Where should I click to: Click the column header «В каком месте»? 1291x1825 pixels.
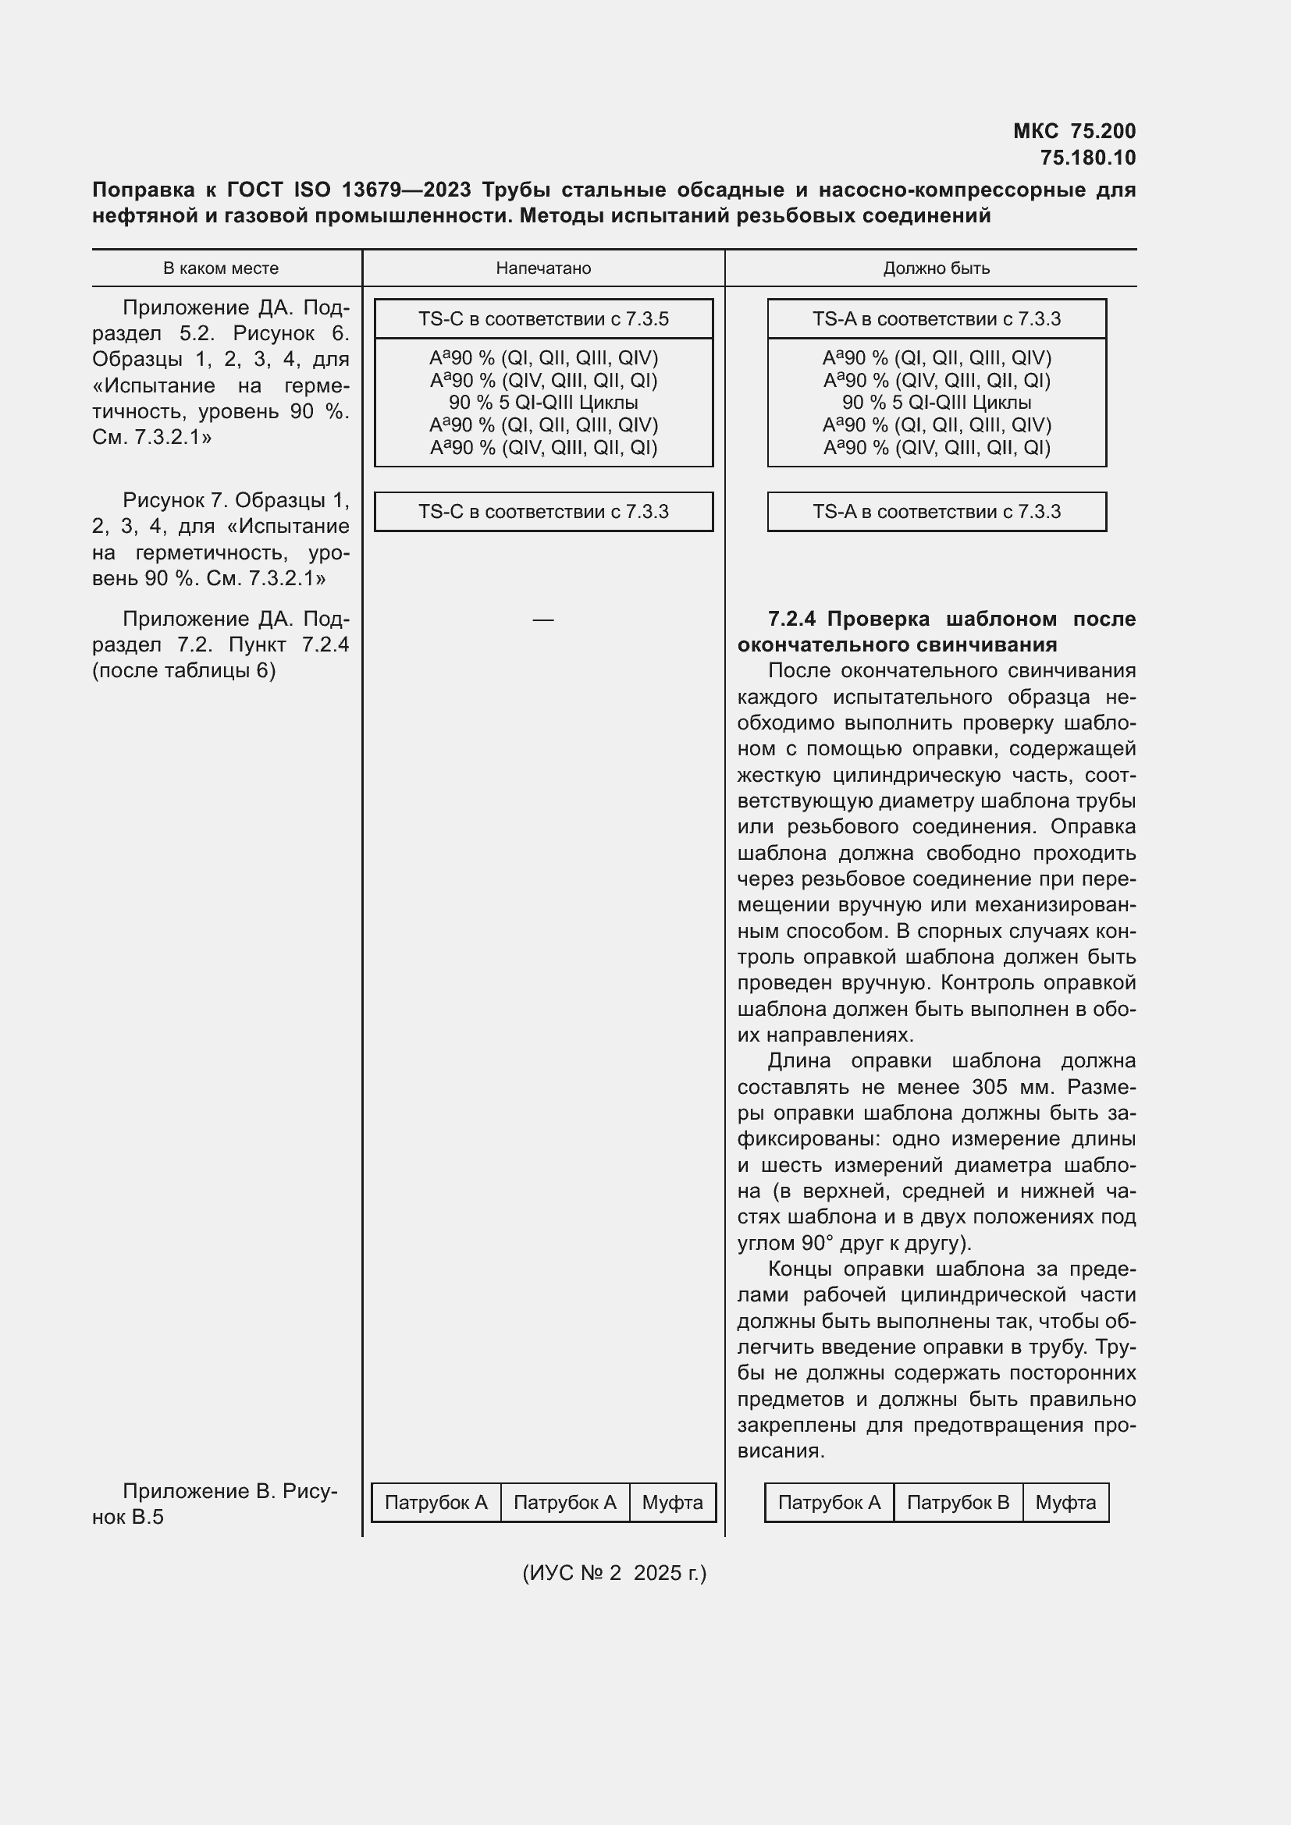click(220, 268)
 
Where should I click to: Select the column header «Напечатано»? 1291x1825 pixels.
click(543, 268)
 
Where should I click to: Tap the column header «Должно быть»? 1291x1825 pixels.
click(936, 268)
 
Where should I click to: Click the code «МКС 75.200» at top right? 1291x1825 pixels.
click(1074, 131)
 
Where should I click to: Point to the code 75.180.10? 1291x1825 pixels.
click(1087, 158)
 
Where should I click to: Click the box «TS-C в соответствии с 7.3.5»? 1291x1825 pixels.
click(543, 319)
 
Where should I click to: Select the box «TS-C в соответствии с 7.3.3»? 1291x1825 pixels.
click(543, 511)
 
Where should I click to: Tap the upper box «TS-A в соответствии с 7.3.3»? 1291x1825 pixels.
click(936, 319)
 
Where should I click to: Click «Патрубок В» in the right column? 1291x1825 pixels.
click(957, 1502)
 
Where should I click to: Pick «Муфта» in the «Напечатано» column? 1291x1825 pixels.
click(672, 1502)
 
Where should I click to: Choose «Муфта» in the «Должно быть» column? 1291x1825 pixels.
click(1065, 1502)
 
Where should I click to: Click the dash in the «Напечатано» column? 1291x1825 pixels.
click(543, 620)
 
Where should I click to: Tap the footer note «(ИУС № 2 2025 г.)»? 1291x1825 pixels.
click(613, 1573)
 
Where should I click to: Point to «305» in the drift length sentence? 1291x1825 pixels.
click(989, 1087)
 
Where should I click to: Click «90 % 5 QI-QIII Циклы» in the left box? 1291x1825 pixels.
click(543, 402)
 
